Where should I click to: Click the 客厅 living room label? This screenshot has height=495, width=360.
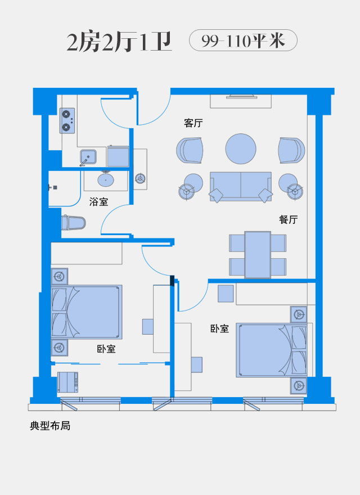(193, 123)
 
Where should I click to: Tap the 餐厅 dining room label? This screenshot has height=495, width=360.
(289, 219)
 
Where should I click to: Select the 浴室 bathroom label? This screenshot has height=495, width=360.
(98, 201)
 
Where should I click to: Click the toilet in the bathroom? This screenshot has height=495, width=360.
(73, 223)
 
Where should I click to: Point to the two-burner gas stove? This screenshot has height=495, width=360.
(67, 120)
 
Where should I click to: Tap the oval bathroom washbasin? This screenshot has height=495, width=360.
(106, 180)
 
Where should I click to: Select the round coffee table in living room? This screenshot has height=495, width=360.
(241, 148)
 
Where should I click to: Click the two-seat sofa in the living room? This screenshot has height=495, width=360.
(241, 187)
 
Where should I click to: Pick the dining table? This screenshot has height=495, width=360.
(258, 255)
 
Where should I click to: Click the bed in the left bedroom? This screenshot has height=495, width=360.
(87, 312)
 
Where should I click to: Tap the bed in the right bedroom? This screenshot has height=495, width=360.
(272, 350)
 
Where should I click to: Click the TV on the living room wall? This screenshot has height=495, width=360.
(241, 96)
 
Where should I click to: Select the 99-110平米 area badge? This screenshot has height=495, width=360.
(243, 40)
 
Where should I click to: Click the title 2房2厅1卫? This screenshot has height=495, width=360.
(119, 42)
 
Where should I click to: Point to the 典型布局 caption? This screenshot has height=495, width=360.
(50, 426)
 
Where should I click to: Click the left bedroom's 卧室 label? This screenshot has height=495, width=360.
(106, 349)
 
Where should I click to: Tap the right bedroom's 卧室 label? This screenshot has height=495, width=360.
(219, 328)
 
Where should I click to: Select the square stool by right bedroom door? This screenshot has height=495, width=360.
(226, 294)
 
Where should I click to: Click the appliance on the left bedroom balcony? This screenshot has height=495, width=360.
(67, 382)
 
